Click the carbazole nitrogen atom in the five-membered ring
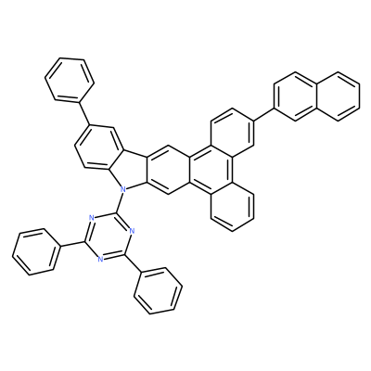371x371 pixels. click(x=123, y=187)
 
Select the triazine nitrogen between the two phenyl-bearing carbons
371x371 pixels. click(x=100, y=259)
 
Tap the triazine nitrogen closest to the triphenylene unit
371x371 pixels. click(x=132, y=230)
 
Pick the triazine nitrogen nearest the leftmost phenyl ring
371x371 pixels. click(x=92, y=217)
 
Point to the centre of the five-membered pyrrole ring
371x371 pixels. click(x=132, y=171)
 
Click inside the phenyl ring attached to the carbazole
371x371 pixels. click(x=70, y=79)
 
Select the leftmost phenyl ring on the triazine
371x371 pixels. click(x=36, y=251)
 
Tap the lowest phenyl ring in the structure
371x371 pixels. click(x=158, y=290)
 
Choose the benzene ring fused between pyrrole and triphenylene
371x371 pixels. click(x=168, y=170)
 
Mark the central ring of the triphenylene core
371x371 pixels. click(x=211, y=170)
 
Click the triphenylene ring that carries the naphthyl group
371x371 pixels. click(x=232, y=132)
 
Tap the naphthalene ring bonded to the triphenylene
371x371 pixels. click(x=295, y=96)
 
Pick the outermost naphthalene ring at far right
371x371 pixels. click(x=338, y=96)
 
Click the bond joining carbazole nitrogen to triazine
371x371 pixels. click(x=120, y=200)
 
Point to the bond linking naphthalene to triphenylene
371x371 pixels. click(x=263, y=114)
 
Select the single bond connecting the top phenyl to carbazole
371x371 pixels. click(x=84, y=112)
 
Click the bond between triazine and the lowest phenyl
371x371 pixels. click(x=133, y=262)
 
